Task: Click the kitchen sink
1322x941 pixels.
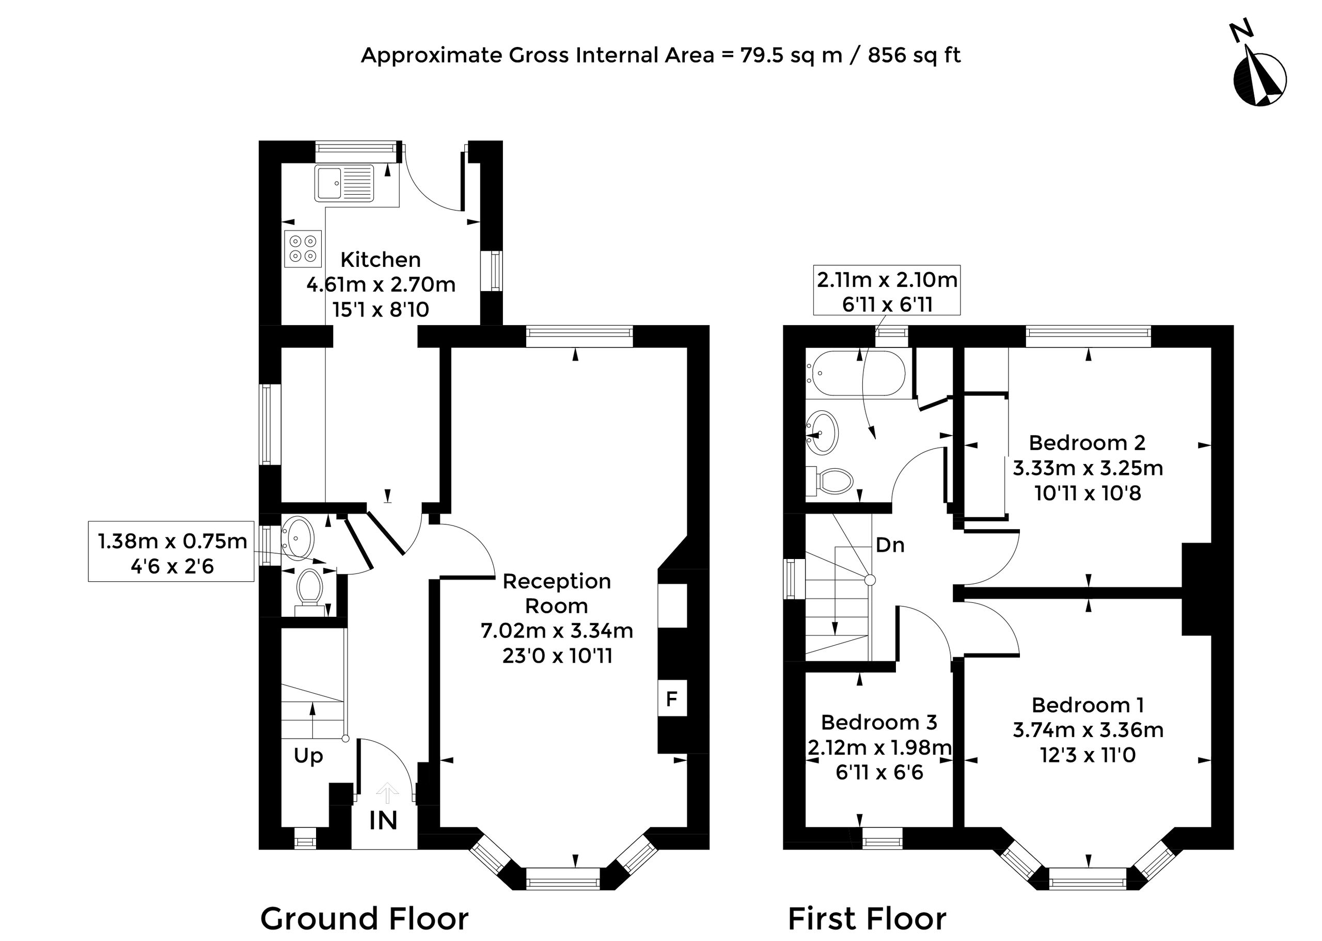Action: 344,183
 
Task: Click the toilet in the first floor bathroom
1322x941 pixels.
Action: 830,481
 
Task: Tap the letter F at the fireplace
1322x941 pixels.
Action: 672,699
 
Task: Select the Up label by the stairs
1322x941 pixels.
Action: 308,756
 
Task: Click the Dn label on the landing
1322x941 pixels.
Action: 890,545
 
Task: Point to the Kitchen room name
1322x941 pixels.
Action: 380,260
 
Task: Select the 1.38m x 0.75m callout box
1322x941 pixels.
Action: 171,552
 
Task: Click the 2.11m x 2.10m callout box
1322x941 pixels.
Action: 887,290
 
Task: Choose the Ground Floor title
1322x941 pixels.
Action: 364,918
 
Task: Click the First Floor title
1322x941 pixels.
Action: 867,918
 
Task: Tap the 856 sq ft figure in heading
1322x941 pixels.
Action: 914,56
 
